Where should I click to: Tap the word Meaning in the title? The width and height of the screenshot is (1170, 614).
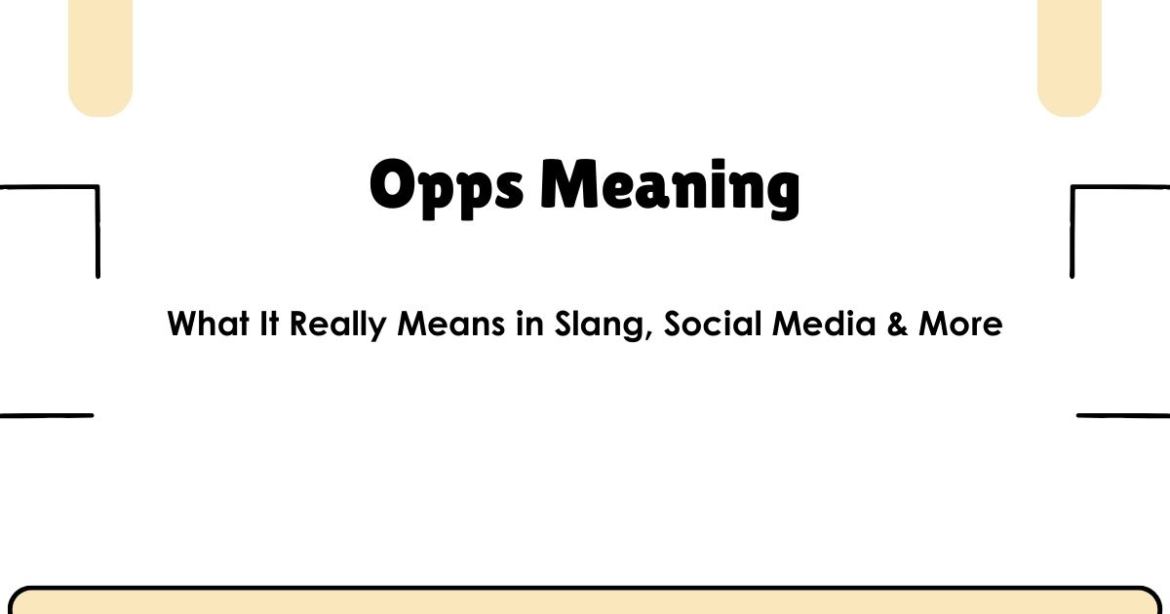670,187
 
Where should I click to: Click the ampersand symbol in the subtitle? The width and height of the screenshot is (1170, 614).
898,325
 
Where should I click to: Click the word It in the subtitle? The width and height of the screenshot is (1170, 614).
270,324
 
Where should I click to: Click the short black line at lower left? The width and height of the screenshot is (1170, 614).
46,415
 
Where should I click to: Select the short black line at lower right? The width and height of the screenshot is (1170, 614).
1123,415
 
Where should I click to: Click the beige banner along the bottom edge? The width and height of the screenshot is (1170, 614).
585,602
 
